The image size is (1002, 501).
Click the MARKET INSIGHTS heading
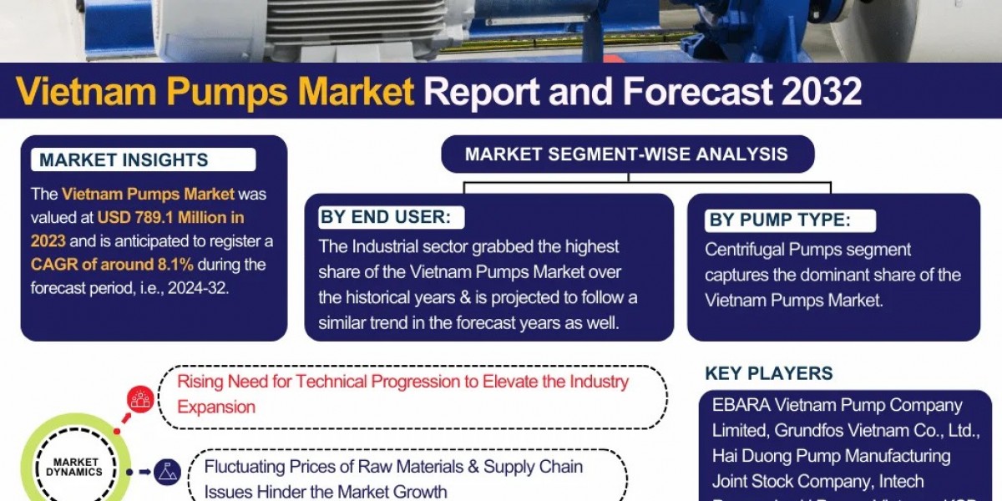(x=124, y=160)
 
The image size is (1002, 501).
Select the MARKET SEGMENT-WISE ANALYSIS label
(x=626, y=154)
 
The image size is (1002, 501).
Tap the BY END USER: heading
(x=385, y=218)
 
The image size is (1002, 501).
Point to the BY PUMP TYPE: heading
(x=779, y=220)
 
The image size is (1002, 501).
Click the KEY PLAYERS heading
(x=768, y=373)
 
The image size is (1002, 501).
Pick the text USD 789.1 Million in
(x=170, y=218)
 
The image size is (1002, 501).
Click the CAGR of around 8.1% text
(x=112, y=265)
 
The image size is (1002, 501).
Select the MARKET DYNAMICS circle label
(x=77, y=466)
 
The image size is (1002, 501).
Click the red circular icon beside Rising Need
(x=140, y=400)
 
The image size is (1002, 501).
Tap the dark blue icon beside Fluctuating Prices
(x=168, y=471)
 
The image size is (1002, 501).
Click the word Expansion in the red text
(x=216, y=407)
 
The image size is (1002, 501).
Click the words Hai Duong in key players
(x=748, y=456)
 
